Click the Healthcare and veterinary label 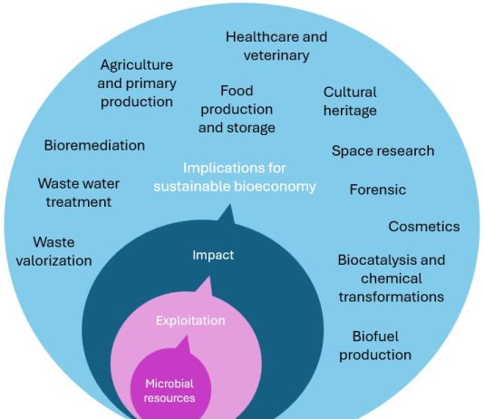coord(276,46)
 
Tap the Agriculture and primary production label coord(137,83)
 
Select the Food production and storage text coord(237,110)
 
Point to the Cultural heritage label coord(350,102)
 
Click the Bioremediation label coord(94,145)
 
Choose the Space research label coord(383,151)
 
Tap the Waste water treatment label coord(79,192)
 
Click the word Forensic coord(378,190)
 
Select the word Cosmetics coord(424,227)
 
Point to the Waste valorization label coord(54,251)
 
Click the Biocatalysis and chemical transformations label coord(392,278)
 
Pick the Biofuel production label coord(375,346)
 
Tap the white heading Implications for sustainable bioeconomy coord(235,177)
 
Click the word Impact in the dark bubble coord(213,256)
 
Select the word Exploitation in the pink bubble coord(190,320)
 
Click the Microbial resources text coord(169,391)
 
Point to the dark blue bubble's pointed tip coord(229,204)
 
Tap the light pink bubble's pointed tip coord(210,277)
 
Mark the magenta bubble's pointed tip coord(187,336)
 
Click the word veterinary coord(276,55)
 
